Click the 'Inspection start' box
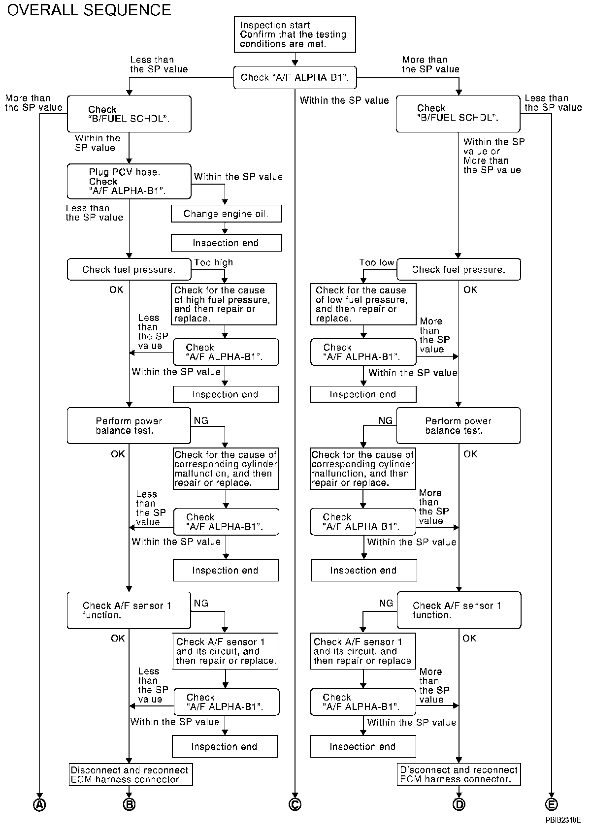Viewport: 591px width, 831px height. [x=295, y=34]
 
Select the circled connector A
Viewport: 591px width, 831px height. [x=39, y=804]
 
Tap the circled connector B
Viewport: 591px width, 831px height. [x=129, y=804]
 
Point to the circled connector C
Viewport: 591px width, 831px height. [x=295, y=804]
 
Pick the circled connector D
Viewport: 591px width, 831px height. [x=459, y=804]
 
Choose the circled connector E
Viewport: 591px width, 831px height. [x=551, y=804]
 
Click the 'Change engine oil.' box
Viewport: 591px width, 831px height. [x=227, y=214]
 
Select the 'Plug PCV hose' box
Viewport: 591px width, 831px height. [x=129, y=181]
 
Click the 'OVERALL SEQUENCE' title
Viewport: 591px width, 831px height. [x=89, y=10]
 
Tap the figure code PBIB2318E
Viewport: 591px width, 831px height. [x=563, y=820]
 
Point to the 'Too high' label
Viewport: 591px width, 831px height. [x=213, y=262]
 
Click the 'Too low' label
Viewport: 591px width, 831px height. [x=376, y=262]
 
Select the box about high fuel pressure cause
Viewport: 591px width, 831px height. [x=224, y=304]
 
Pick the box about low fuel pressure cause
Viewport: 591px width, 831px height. [x=363, y=304]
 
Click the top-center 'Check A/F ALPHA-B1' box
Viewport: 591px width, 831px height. [x=295, y=77]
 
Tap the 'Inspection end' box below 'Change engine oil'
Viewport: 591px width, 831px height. [x=227, y=243]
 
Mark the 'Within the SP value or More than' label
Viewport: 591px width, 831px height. [x=494, y=156]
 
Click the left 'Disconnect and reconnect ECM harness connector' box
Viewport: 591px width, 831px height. [x=131, y=774]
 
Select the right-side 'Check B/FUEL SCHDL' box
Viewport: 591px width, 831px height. [x=458, y=114]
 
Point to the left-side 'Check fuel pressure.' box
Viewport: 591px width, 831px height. [x=129, y=269]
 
